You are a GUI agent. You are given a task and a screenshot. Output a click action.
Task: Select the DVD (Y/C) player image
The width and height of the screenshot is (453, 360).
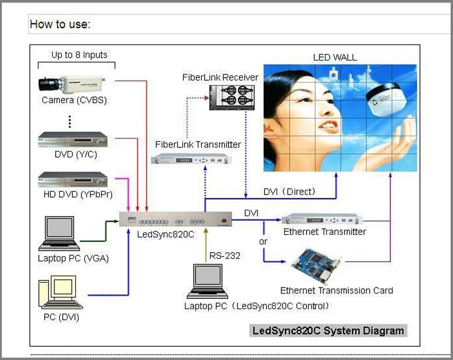(x=72, y=139)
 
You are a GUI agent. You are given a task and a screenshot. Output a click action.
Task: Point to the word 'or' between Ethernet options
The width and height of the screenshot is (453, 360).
(x=263, y=241)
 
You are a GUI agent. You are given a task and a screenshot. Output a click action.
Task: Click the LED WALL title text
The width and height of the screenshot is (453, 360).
(x=335, y=58)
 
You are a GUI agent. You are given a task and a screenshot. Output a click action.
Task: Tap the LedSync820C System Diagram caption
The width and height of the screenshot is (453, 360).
(x=329, y=330)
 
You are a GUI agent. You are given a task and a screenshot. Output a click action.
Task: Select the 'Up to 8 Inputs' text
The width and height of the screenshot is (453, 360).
(x=79, y=55)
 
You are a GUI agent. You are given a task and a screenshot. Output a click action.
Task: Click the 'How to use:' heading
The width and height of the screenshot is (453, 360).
(x=60, y=25)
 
